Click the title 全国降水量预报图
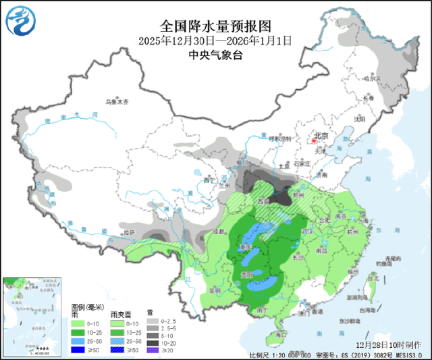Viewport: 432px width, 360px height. tap(215, 26)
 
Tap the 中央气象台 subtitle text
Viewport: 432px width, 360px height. tap(215, 55)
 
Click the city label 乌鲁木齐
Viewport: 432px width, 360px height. tap(116, 102)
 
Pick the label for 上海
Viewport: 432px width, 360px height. tap(365, 215)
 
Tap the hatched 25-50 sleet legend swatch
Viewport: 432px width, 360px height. tap(117, 341)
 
